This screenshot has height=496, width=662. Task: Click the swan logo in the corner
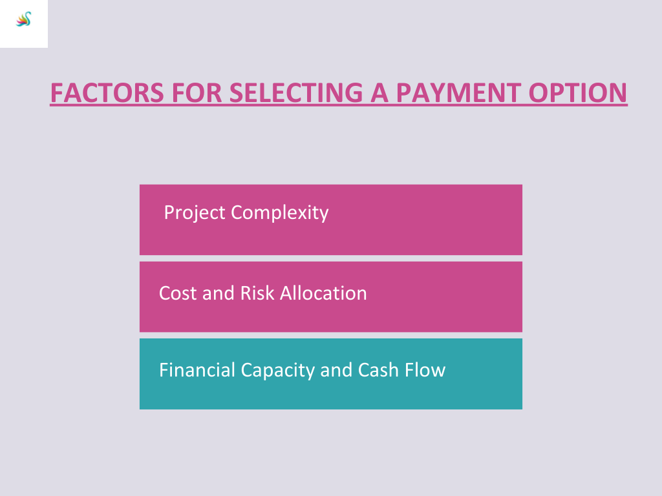pos(24,19)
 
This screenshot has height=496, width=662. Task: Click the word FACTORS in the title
pos(107,93)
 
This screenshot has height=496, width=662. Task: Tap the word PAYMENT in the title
pos(458,93)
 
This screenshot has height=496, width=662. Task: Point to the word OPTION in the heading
pos(578,93)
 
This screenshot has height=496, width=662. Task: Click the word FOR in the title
pos(197,93)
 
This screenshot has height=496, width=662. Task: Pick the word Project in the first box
pos(195,213)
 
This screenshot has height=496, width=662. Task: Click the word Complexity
pos(280,213)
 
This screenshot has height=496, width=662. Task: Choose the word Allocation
pos(323,293)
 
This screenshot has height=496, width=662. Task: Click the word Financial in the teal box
pos(197,370)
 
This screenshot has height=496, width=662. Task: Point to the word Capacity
pos(278,371)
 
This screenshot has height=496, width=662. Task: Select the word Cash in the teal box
pos(378,370)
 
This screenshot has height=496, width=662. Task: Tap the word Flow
pos(425,370)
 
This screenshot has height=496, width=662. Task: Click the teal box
pos(331,374)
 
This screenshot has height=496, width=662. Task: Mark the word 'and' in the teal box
pos(336,370)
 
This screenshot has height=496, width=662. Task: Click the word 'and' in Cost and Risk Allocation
pos(219,293)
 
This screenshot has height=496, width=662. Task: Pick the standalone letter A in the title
pos(379,93)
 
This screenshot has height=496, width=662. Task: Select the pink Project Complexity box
pos(331,220)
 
